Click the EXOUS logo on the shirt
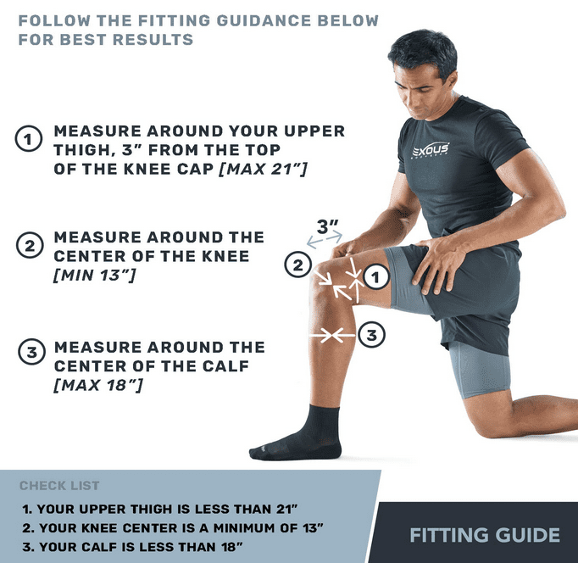pos(431,149)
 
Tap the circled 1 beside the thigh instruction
pos(28,138)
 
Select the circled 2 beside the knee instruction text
pos(30,245)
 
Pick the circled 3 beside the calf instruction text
pos(31,352)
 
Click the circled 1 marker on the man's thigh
pos(376,277)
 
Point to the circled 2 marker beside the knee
pos(297,265)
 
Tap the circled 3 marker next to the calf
pos(371,335)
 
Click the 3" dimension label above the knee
pos(328,226)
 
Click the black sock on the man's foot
pos(297,435)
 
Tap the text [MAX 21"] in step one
pos(263,169)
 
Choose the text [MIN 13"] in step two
pos(95,275)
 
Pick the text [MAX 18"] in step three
pos(98,385)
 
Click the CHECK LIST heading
pos(59,486)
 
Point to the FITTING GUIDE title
pos(485,535)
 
